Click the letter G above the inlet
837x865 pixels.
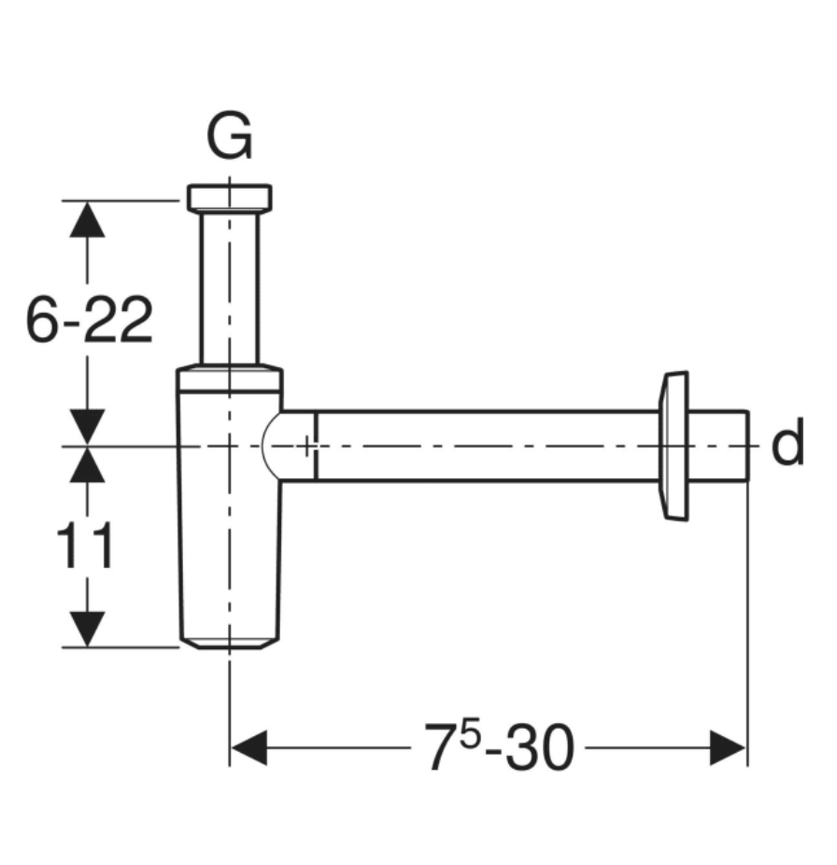(x=229, y=138)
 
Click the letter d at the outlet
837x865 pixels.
(x=787, y=447)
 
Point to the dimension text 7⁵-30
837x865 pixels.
(x=499, y=747)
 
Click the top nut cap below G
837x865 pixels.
(x=229, y=197)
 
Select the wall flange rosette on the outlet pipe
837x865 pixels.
(x=674, y=445)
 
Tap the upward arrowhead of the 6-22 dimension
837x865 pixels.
(x=88, y=220)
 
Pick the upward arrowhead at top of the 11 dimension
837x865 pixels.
(x=88, y=465)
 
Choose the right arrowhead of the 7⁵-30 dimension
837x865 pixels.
(x=728, y=748)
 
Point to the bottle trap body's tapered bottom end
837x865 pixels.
(x=229, y=641)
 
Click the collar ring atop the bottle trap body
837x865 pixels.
(x=229, y=377)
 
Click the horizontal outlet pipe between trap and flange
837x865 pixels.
(x=486, y=446)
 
